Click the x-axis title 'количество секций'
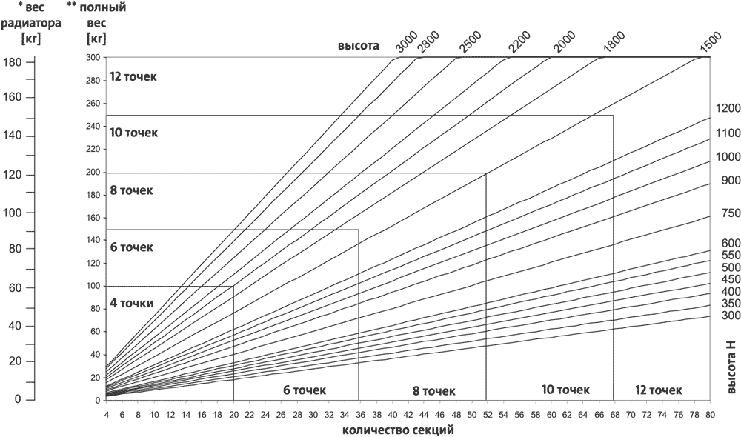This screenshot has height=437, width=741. pyautogui.click(x=398, y=429)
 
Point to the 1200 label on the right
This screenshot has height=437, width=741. pyautogui.click(x=728, y=109)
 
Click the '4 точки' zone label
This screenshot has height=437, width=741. pyautogui.click(x=131, y=303)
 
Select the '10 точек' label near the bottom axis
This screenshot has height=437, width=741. pyautogui.click(x=565, y=390)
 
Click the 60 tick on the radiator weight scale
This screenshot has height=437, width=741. pyautogui.click(x=14, y=287)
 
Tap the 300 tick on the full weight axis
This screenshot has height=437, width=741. pyautogui.click(x=93, y=58)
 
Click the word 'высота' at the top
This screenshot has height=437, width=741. pyautogui.click(x=359, y=46)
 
